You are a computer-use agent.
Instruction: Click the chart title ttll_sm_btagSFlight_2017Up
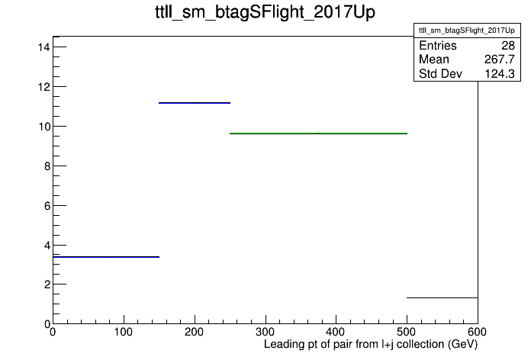pyautogui.click(x=265, y=12)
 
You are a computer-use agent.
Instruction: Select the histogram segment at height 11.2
pyautogui.click(x=195, y=103)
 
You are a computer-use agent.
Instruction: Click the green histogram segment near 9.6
pyautogui.click(x=318, y=133)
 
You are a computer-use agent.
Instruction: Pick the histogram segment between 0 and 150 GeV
pyautogui.click(x=106, y=257)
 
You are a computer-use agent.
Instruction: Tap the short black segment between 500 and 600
pyautogui.click(x=443, y=297)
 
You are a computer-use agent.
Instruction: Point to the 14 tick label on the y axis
pyautogui.click(x=44, y=47)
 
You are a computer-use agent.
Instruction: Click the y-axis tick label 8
pyautogui.click(x=47, y=166)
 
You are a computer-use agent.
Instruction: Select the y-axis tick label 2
pyautogui.click(x=47, y=284)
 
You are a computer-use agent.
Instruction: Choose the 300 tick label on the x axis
pyautogui.click(x=265, y=332)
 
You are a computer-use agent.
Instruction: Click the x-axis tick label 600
pyautogui.click(x=478, y=332)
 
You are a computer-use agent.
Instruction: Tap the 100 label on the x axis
pyautogui.click(x=124, y=332)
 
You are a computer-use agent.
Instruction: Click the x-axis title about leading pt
pyautogui.click(x=371, y=345)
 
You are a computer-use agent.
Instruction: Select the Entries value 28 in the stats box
pyautogui.click(x=508, y=45)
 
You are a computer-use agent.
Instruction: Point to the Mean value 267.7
pyautogui.click(x=500, y=59)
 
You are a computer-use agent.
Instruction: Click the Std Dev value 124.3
pyautogui.click(x=500, y=73)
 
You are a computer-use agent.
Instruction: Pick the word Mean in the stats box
pyautogui.click(x=434, y=59)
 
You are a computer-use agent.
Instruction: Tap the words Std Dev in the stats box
pyautogui.click(x=440, y=73)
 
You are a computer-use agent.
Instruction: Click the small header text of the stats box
pyautogui.click(x=467, y=31)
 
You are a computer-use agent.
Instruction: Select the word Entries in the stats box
pyautogui.click(x=437, y=45)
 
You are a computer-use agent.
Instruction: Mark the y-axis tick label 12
pyautogui.click(x=44, y=87)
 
